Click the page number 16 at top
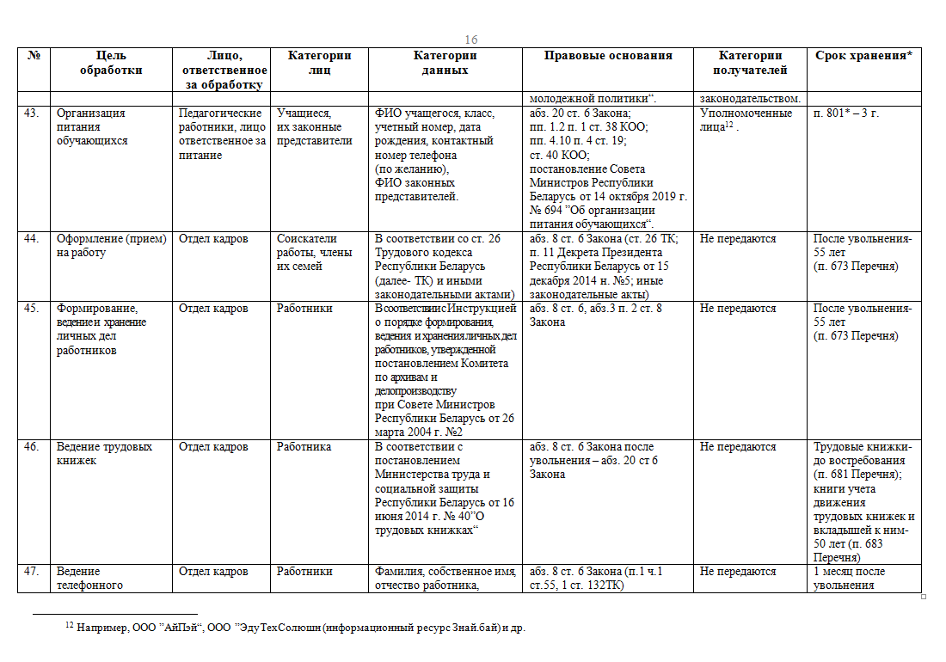[x=471, y=40]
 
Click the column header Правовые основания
[x=608, y=56]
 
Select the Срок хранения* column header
[x=863, y=56]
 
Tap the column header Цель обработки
[x=111, y=63]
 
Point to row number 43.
[x=32, y=113]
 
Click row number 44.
[x=32, y=239]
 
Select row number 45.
[x=32, y=309]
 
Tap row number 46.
[x=32, y=447]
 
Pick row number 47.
[x=32, y=572]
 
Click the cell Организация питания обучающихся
[x=91, y=127]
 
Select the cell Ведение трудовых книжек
[x=105, y=454]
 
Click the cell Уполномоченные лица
[x=746, y=120]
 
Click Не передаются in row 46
[x=738, y=447]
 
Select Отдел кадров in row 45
[x=213, y=309]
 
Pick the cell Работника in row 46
[x=304, y=447]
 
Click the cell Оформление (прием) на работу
[x=111, y=246]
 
